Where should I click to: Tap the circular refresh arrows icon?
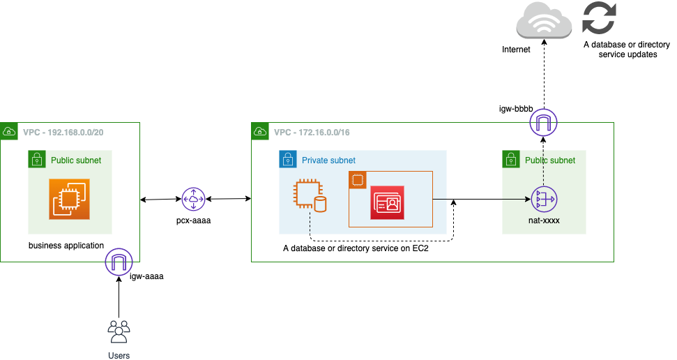(x=599, y=19)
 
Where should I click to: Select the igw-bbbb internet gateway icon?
(x=543, y=123)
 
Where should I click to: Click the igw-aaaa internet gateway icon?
(x=119, y=262)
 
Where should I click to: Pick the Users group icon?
(x=119, y=331)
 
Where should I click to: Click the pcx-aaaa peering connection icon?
(x=193, y=200)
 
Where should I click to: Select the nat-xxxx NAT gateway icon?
(x=543, y=200)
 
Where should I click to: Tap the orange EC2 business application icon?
(x=70, y=199)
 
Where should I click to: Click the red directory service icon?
(x=387, y=202)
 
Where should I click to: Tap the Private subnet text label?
(x=328, y=160)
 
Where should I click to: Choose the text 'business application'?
(x=66, y=246)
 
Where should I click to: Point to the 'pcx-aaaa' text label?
(x=193, y=220)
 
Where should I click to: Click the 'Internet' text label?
(x=516, y=50)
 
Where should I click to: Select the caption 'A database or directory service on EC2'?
(x=355, y=248)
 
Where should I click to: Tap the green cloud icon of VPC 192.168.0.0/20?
(x=10, y=131)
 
